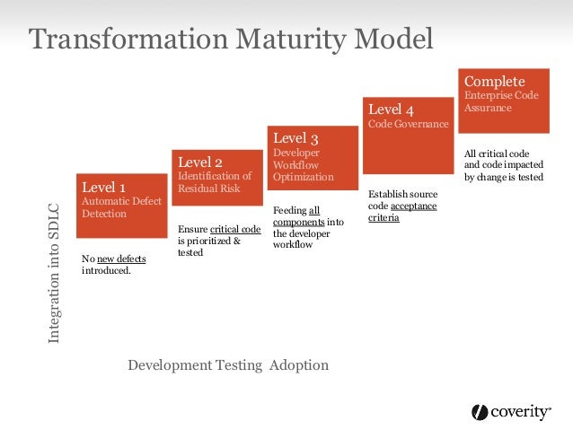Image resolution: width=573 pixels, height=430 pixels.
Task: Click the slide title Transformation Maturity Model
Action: click(x=231, y=39)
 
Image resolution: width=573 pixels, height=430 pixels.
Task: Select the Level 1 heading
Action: click(x=103, y=188)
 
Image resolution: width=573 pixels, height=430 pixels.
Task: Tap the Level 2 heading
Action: click(x=200, y=162)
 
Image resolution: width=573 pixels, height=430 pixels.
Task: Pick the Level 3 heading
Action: click(x=295, y=138)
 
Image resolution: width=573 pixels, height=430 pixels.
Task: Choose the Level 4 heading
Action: click(x=391, y=110)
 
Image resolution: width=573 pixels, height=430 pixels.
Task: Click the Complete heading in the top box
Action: click(x=494, y=82)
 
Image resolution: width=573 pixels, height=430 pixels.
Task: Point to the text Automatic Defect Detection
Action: click(x=121, y=208)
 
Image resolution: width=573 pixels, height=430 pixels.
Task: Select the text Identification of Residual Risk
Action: click(x=215, y=183)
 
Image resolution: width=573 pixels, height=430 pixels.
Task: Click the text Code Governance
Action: click(x=408, y=125)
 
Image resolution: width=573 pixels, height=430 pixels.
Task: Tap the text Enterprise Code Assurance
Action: click(x=500, y=101)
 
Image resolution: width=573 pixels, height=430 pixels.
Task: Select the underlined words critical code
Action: click(x=235, y=230)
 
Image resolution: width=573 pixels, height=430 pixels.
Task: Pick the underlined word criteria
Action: click(x=384, y=218)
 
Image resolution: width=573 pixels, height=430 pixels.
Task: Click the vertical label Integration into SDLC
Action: click(x=55, y=274)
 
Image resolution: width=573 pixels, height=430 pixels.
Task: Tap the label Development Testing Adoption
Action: click(x=228, y=365)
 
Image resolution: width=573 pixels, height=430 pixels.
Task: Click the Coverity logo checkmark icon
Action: click(x=480, y=412)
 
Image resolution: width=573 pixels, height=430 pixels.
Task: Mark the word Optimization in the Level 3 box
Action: click(x=303, y=178)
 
